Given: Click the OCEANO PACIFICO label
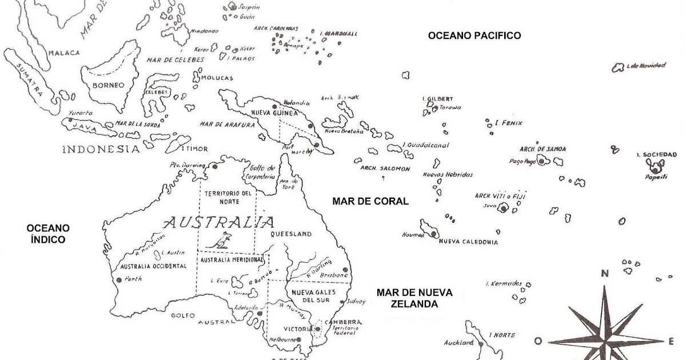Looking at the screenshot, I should pyautogui.click(x=474, y=35).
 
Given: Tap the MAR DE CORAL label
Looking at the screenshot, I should pyautogui.click(x=371, y=201).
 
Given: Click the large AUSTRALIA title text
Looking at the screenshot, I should pyautogui.click(x=218, y=222).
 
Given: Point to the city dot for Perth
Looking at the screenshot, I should pyautogui.click(x=119, y=280).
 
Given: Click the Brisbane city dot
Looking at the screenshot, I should pyautogui.click(x=345, y=270).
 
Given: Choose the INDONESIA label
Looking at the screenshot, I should pyautogui.click(x=101, y=149).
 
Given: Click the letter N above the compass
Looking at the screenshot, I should pyautogui.click(x=604, y=274).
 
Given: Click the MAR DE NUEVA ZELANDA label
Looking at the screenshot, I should pyautogui.click(x=414, y=298).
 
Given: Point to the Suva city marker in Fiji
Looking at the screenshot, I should pyautogui.click(x=504, y=209).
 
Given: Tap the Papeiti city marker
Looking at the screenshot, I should pyautogui.click(x=654, y=169).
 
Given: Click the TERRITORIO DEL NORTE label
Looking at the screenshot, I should pyautogui.click(x=227, y=197).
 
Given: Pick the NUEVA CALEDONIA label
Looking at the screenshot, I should pyautogui.click(x=468, y=242).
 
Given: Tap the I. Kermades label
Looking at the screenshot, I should pyautogui.click(x=504, y=284).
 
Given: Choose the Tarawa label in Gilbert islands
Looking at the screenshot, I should pyautogui.click(x=450, y=107).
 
